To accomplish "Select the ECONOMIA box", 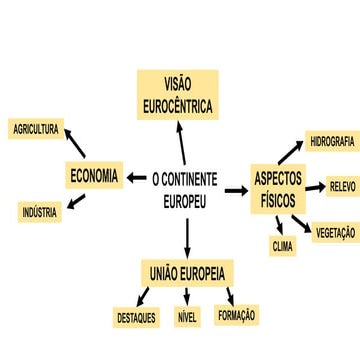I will click(95, 176).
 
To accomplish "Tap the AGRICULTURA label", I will click(37, 129).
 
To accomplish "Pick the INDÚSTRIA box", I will click(41, 212).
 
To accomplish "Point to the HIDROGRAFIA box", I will click(331, 141).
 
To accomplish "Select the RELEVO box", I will click(341, 186).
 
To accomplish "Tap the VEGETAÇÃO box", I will click(336, 232).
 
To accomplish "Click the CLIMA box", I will click(282, 245).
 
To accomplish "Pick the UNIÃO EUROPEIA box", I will click(187, 274).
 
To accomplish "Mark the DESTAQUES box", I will click(136, 318).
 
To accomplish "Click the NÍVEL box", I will click(187, 318).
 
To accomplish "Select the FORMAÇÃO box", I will click(236, 315).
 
